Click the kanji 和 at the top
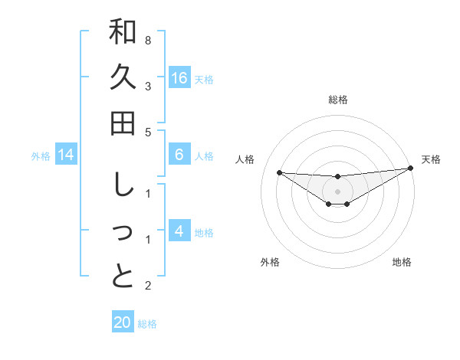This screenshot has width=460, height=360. click(x=123, y=33)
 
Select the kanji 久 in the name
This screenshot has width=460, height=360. click(x=123, y=78)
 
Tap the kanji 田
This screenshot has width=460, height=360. click(x=123, y=123)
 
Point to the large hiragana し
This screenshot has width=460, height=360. click(x=123, y=185)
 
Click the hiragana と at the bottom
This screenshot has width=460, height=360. click(x=123, y=277)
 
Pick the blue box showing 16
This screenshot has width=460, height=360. click(x=179, y=78)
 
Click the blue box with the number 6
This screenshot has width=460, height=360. click(x=179, y=155)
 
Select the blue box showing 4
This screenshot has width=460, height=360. click(x=179, y=231)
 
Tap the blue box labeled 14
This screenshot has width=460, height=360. click(x=66, y=155)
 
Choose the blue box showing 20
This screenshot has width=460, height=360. click(x=123, y=322)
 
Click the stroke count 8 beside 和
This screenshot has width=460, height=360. click(x=148, y=40)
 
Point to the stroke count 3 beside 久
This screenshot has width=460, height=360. click(x=148, y=86)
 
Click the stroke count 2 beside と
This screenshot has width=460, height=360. click(x=148, y=286)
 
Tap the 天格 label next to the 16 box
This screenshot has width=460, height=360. click(x=204, y=80)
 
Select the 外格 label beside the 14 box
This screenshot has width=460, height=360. click(x=41, y=156)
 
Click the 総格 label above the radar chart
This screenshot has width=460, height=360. click(x=338, y=100)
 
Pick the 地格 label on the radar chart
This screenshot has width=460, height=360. click(x=402, y=262)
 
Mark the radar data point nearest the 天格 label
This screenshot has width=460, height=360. click(x=410, y=169)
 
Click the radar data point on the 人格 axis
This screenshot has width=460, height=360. click(x=279, y=172)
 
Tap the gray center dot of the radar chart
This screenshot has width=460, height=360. click(x=338, y=191)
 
